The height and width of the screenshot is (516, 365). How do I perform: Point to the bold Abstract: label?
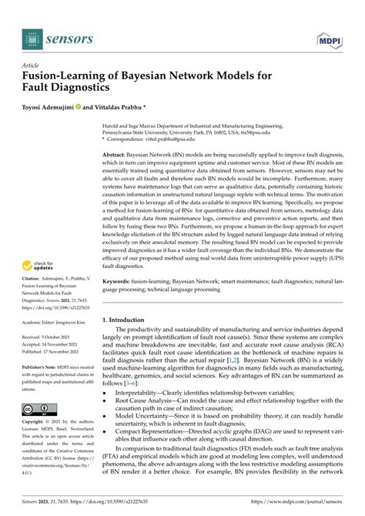119,154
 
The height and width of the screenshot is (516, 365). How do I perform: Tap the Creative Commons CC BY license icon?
36,407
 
